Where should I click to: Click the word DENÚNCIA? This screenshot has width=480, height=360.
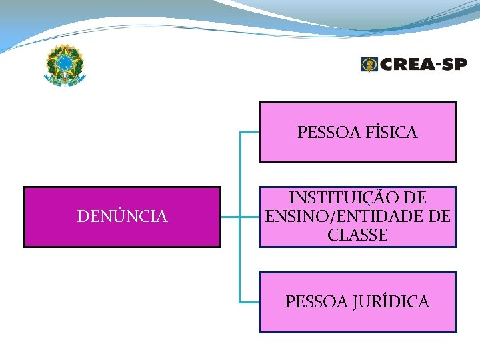coord(122,217)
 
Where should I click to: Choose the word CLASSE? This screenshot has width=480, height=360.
coord(357,235)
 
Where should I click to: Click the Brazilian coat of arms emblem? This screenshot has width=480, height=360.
coord(65,66)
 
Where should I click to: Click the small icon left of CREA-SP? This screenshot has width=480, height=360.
coord(369,64)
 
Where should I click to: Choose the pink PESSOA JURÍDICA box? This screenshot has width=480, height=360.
coord(357,320)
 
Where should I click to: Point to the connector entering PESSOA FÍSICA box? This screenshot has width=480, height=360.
coord(249,133)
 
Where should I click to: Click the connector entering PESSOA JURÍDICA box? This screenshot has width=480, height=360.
coord(249,302)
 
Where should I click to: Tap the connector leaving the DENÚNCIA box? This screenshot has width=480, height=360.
coord(230,217)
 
